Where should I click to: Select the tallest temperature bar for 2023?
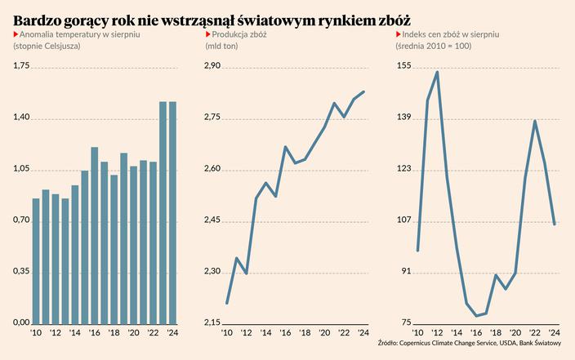click(x=163, y=212)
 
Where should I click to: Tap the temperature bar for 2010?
click(x=36, y=260)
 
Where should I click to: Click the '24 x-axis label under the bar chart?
click(x=173, y=333)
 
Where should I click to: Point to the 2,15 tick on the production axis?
click(x=212, y=322)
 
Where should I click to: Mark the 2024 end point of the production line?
click(x=363, y=91)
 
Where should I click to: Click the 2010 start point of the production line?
click(x=226, y=303)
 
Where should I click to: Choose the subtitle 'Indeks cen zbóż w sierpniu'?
click(x=451, y=35)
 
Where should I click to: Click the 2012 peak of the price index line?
click(x=437, y=72)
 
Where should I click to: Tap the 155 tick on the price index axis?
click(x=403, y=67)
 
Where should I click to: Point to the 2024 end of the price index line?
click(x=555, y=224)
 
